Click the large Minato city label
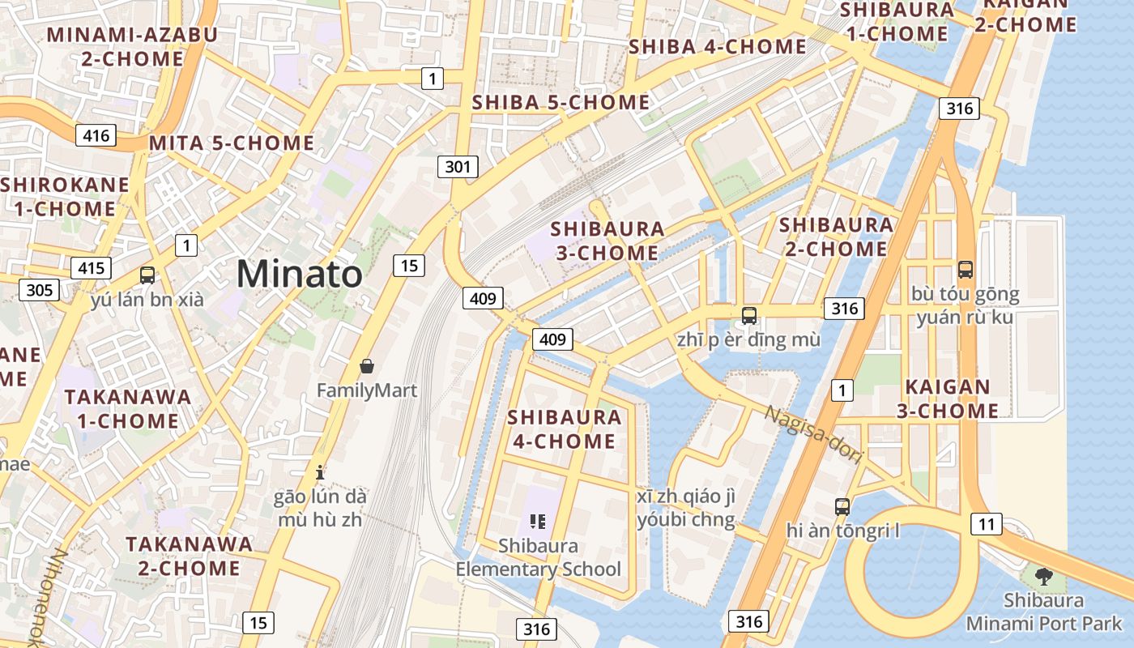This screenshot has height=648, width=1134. [x=299, y=274]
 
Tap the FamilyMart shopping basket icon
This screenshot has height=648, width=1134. [x=367, y=366]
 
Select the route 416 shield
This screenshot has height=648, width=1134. [x=96, y=135]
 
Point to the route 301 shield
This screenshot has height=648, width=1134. [x=458, y=168]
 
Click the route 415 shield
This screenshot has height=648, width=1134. [x=91, y=268]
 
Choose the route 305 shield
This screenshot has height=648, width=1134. [x=39, y=290]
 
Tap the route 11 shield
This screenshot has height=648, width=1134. [x=986, y=524]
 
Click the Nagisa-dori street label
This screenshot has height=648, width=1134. [x=812, y=435]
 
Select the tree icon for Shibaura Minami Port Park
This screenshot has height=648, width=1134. [x=1044, y=577]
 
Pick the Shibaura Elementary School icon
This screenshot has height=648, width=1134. [x=538, y=522]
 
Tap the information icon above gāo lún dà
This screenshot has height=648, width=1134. [x=320, y=471]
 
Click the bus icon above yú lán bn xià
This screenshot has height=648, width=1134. [x=147, y=275]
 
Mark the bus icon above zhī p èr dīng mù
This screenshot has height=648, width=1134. [x=748, y=315]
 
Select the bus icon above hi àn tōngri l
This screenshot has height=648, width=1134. [x=842, y=507]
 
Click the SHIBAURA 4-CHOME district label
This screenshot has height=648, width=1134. [x=565, y=429]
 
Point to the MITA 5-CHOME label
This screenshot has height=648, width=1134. [x=232, y=143]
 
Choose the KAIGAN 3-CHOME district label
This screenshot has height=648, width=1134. [x=947, y=399]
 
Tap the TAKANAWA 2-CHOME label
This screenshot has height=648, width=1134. [x=189, y=556]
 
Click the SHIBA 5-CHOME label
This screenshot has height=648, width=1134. [x=561, y=102]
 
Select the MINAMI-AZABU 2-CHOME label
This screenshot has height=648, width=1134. [x=132, y=47]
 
